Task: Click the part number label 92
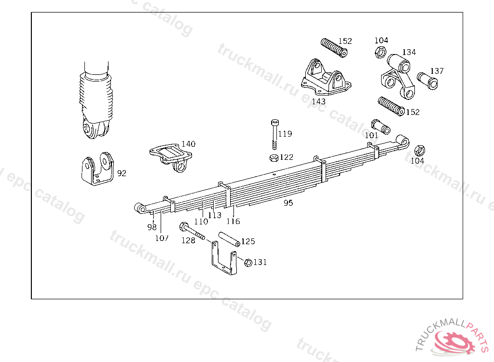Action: [x=122, y=173]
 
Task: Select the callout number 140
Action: [x=189, y=144]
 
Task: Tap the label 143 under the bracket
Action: [x=318, y=101]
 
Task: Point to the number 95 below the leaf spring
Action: [x=288, y=203]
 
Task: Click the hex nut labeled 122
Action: [x=274, y=158]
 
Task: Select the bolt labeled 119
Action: [x=274, y=134]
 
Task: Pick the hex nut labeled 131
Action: [x=248, y=263]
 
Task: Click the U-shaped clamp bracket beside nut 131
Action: [x=224, y=258]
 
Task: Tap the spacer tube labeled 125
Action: [x=229, y=239]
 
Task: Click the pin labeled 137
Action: [x=427, y=81]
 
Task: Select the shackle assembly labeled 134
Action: [x=398, y=76]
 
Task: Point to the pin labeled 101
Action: [x=381, y=127]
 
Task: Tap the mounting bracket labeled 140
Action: [x=171, y=156]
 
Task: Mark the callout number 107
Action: [x=162, y=238]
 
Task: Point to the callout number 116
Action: [x=233, y=222]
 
